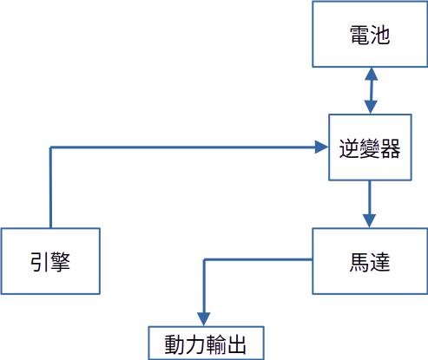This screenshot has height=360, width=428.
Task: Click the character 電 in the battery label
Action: point(359,35)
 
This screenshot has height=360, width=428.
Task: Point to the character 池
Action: point(379,35)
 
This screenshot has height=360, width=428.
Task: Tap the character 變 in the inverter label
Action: point(370,148)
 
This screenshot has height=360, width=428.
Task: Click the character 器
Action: point(391,148)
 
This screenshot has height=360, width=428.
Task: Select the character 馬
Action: point(359,262)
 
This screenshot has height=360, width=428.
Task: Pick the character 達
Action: point(379,262)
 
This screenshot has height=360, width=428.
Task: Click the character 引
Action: point(40,262)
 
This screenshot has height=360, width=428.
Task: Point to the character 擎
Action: point(60,262)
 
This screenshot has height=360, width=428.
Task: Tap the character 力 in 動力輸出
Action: point(195,344)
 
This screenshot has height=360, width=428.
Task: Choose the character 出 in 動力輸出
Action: point(237,344)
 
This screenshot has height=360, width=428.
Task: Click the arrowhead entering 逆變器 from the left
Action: point(321,147)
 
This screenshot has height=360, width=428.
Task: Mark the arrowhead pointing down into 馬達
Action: point(369,221)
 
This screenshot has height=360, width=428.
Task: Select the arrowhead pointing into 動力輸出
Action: point(204,319)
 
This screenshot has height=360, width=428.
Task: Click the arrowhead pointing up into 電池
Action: point(371,74)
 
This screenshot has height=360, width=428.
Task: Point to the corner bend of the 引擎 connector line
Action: point(50,147)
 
